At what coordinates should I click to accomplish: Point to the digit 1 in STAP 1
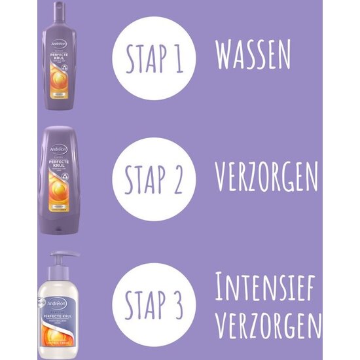180,59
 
